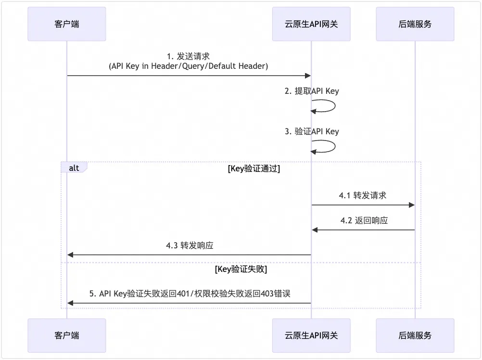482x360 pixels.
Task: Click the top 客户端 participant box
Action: [66, 24]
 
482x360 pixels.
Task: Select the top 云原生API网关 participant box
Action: [311, 24]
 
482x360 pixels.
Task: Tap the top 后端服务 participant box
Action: [415, 24]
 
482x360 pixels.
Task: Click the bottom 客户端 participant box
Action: [66, 335]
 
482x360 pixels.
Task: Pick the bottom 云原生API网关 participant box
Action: [311, 335]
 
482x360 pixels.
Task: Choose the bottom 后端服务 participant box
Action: [415, 335]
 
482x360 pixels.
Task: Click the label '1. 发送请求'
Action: [189, 56]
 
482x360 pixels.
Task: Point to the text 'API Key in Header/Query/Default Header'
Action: [189, 66]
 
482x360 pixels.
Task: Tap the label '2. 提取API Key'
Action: [312, 91]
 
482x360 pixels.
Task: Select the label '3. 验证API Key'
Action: [312, 131]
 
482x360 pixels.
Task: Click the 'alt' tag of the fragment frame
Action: [74, 168]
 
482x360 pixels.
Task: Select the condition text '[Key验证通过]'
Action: [254, 169]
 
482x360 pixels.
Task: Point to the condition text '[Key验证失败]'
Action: [241, 270]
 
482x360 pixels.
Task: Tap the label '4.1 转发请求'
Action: [363, 195]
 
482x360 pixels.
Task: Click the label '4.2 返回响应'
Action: [364, 220]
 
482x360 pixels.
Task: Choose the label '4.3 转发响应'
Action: [190, 245]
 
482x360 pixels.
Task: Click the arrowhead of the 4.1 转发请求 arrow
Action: [412, 205]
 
